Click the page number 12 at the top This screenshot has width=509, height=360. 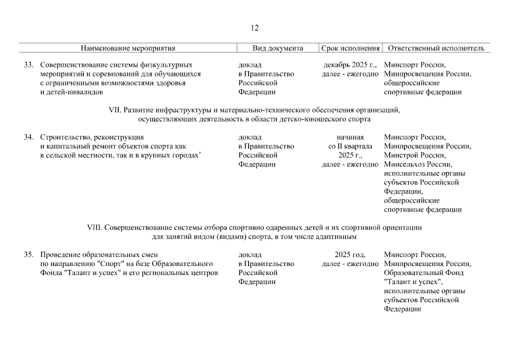[254, 28]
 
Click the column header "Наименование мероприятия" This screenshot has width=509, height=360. [128, 48]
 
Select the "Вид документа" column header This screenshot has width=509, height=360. [278, 48]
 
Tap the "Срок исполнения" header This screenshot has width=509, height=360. [350, 48]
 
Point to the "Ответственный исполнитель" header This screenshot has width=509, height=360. [436, 48]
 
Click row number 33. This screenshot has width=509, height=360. [29, 65]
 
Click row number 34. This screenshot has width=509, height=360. [29, 137]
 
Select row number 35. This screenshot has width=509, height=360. [29, 254]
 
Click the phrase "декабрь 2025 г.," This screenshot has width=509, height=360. [350, 65]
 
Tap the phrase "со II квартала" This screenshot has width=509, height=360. [350, 146]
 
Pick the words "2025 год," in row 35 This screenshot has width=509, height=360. [350, 254]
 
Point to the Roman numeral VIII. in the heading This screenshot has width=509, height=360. [93, 227]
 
